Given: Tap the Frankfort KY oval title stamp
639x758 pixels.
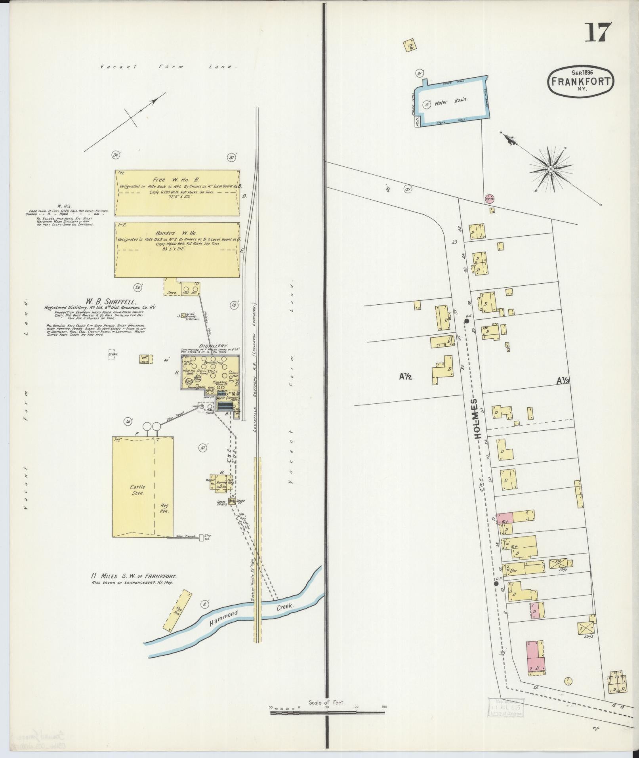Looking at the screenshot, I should point(581,81).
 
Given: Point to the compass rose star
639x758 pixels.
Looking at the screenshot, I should point(550,170).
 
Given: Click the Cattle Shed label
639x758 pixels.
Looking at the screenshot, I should point(138,490).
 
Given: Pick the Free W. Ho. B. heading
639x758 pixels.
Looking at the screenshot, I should point(178,179).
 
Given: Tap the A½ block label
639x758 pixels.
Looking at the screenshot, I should point(406,377).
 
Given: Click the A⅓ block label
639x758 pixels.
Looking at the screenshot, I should point(563,381).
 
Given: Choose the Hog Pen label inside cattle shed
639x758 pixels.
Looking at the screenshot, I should point(164,508).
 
